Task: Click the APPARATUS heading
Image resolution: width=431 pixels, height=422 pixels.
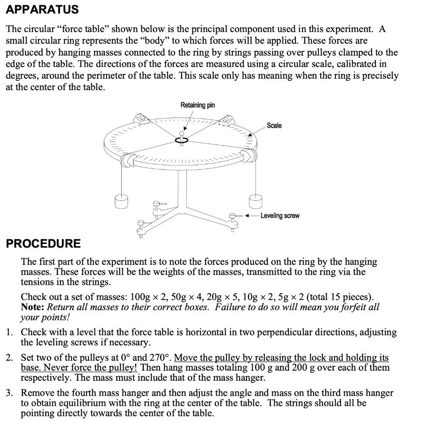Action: (42, 9)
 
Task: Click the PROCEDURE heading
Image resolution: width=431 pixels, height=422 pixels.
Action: (43, 243)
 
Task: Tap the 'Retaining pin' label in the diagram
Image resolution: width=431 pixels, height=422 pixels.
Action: (197, 105)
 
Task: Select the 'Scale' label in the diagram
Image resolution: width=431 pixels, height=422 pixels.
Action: (274, 126)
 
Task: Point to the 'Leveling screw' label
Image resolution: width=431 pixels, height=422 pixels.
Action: (280, 216)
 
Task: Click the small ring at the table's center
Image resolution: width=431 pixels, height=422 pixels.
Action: (182, 141)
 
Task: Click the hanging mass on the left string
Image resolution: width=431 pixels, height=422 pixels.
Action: (121, 201)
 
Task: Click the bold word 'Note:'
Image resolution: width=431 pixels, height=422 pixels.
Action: (33, 307)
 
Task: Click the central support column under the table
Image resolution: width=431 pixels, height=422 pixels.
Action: (182, 185)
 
